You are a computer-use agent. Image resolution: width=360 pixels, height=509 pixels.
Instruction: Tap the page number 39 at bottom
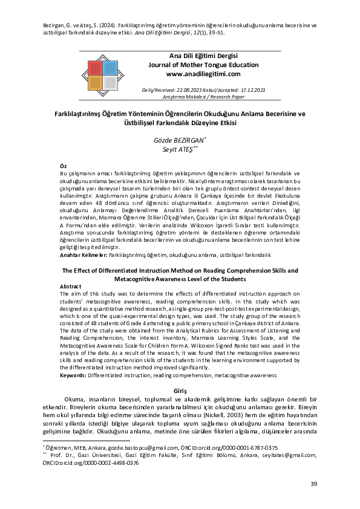tap(313, 484)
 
